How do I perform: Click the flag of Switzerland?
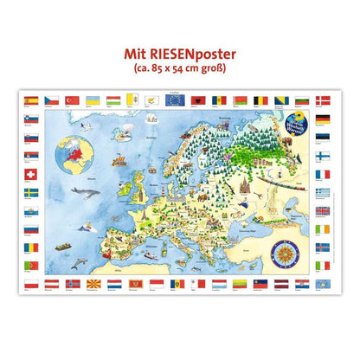tap(29, 192)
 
